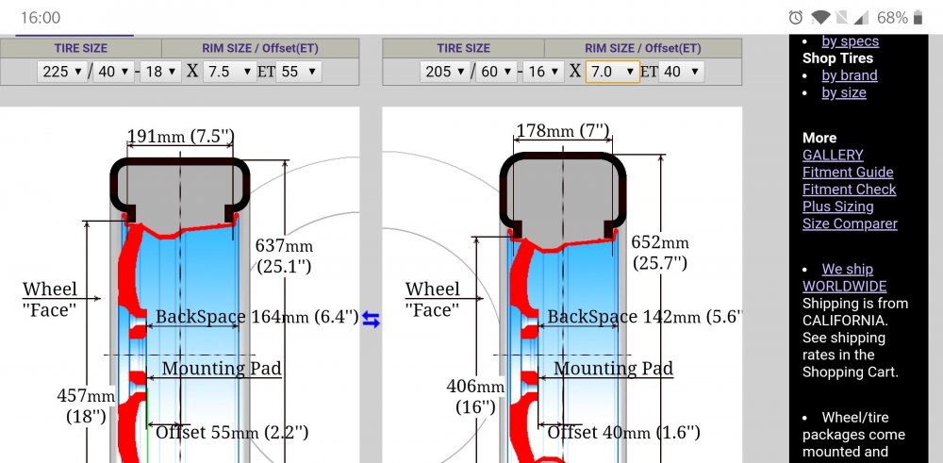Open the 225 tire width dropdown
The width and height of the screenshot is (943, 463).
click(x=62, y=72)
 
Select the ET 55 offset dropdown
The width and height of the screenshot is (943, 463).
click(x=299, y=72)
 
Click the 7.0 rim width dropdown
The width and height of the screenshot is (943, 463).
click(x=613, y=72)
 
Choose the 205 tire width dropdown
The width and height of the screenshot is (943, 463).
click(x=445, y=72)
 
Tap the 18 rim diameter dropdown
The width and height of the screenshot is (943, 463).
click(x=160, y=72)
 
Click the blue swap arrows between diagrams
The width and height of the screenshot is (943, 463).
click(x=371, y=321)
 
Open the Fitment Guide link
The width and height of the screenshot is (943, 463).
click(x=848, y=172)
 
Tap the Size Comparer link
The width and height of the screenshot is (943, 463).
click(x=850, y=223)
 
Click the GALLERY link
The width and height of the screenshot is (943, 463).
click(x=833, y=155)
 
